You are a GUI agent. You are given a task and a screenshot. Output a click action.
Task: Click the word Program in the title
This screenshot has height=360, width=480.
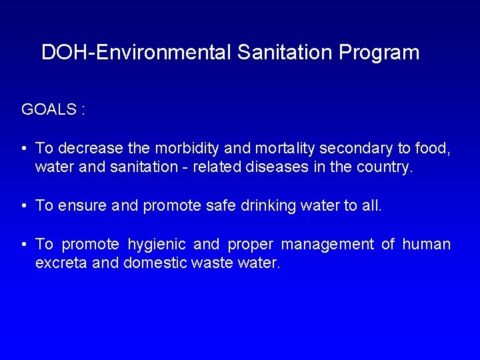379,53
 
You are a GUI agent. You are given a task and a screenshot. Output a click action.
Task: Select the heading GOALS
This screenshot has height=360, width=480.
49,109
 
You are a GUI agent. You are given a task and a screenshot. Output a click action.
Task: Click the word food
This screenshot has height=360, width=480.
435,148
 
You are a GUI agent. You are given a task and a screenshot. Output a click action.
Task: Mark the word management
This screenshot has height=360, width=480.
327,245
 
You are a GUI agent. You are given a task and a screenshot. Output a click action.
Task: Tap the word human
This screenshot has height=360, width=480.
427,244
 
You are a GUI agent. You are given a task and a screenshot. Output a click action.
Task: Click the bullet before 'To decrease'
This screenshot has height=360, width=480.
23,148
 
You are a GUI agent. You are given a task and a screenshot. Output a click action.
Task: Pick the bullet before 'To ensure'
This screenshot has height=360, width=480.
23,205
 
